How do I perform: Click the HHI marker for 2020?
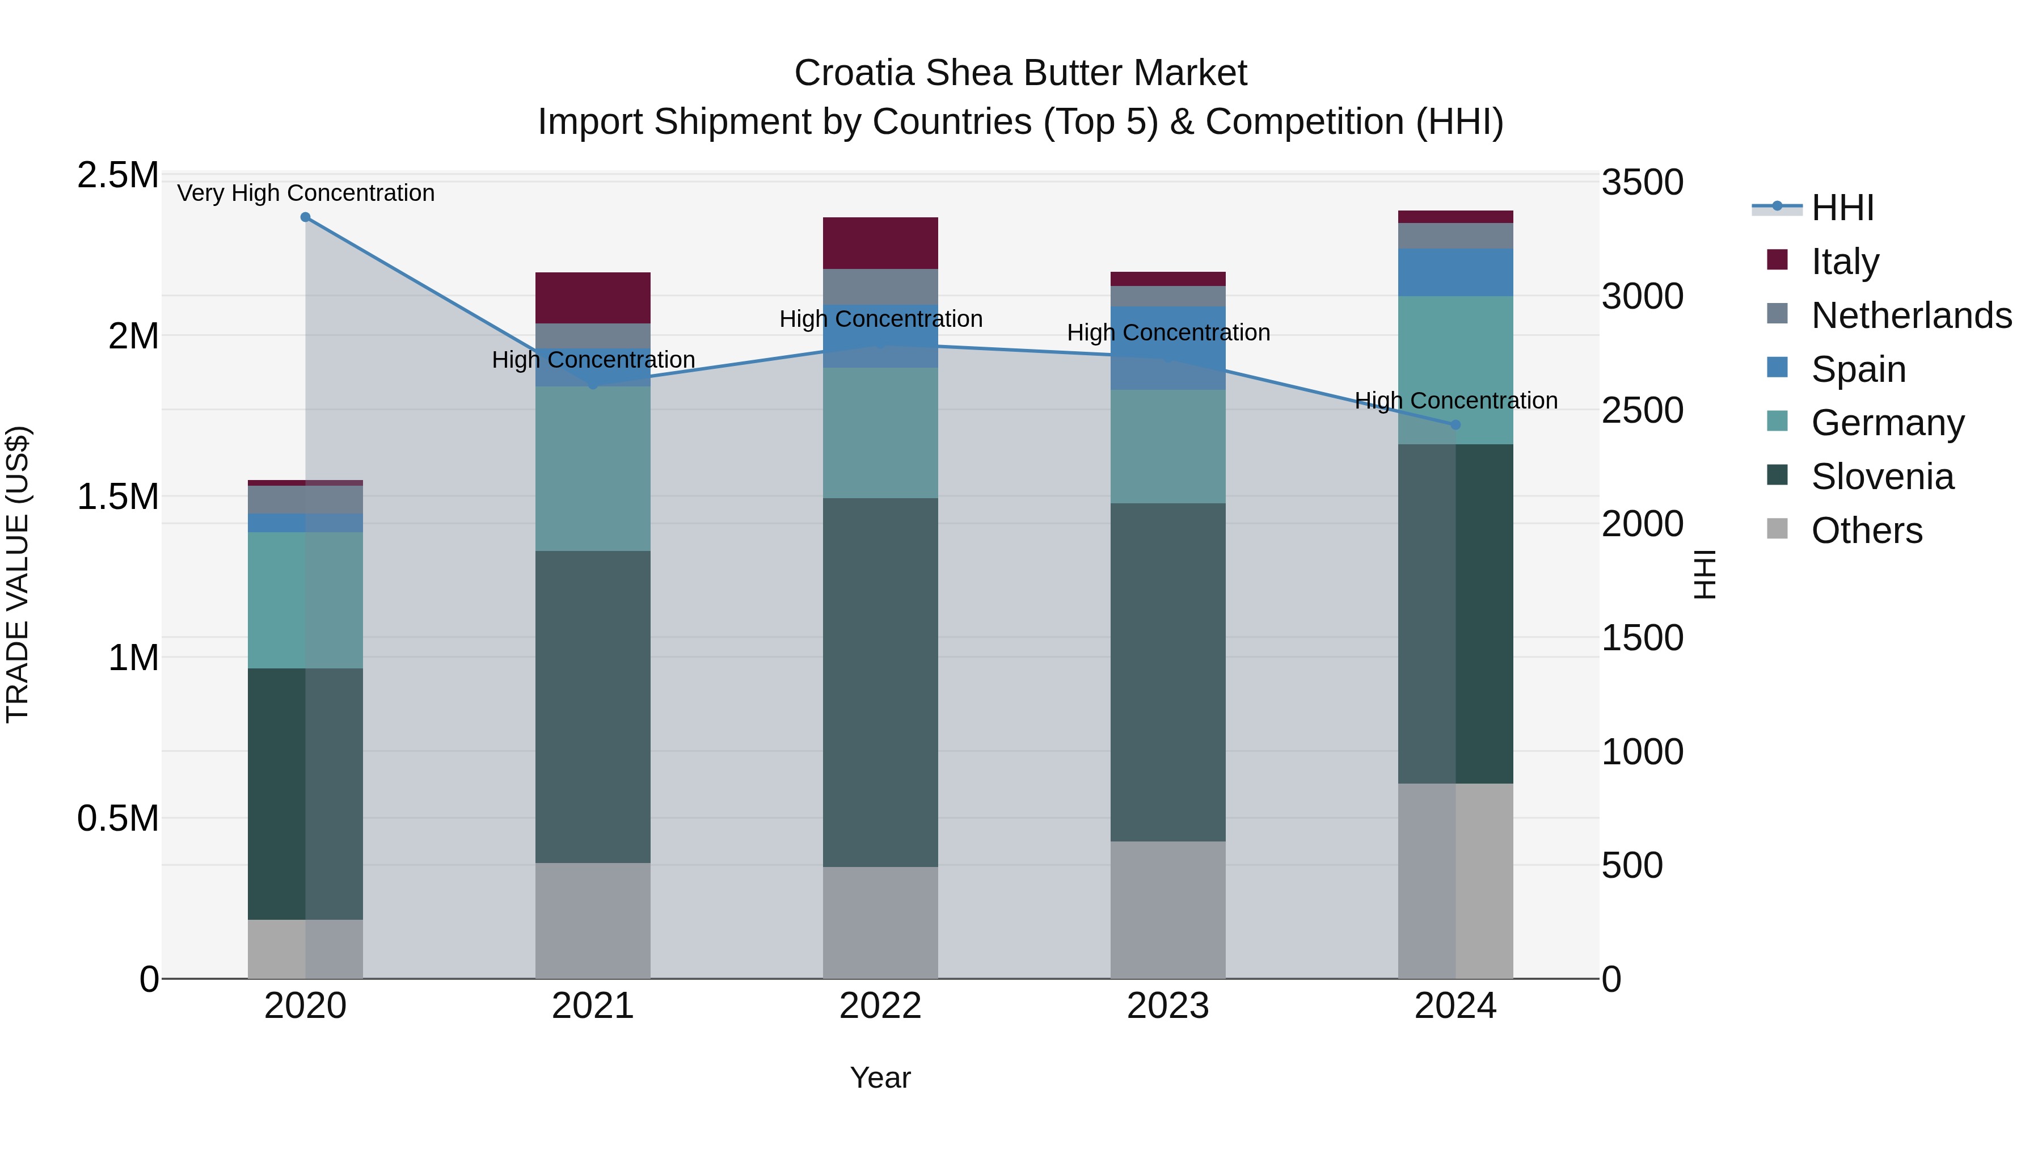[x=305, y=217]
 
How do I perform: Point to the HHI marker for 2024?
[x=1455, y=425]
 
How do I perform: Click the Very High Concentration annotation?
[x=305, y=193]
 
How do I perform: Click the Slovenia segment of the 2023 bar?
[x=1168, y=672]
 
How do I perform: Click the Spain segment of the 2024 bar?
[x=1455, y=272]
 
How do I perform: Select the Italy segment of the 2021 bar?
[x=593, y=297]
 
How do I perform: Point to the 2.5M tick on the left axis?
[x=117, y=175]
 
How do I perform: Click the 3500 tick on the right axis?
[x=1642, y=182]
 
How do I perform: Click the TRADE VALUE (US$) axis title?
[x=18, y=574]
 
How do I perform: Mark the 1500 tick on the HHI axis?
[x=1642, y=638]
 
